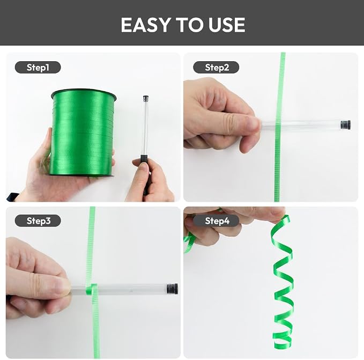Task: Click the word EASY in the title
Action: [x=146, y=25]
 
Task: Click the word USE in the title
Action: [x=227, y=25]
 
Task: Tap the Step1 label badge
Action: [x=38, y=68]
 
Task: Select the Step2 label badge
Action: [x=216, y=68]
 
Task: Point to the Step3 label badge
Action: [x=38, y=221]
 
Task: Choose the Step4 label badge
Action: [x=216, y=221]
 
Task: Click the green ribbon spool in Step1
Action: [x=83, y=133]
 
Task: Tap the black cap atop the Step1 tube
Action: [x=146, y=98]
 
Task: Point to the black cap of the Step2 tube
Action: [x=346, y=124]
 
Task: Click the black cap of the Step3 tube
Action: [x=172, y=289]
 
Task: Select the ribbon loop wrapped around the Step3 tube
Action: [x=92, y=290]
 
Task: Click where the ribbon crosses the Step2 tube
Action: [x=278, y=124]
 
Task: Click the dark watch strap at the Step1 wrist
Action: [x=12, y=197]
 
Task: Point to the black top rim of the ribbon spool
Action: [x=84, y=92]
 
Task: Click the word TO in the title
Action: [x=189, y=25]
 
